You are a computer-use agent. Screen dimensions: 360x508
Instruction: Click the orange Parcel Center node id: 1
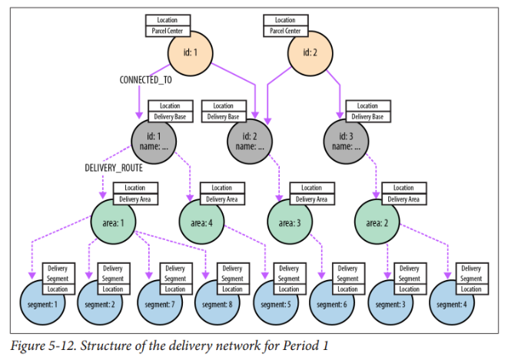(x=191, y=53)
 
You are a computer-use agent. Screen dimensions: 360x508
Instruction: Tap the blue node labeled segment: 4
(x=453, y=302)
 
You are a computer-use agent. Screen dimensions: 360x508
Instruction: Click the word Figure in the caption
(x=28, y=345)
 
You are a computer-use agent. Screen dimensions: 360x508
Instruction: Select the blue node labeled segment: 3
(x=394, y=302)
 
